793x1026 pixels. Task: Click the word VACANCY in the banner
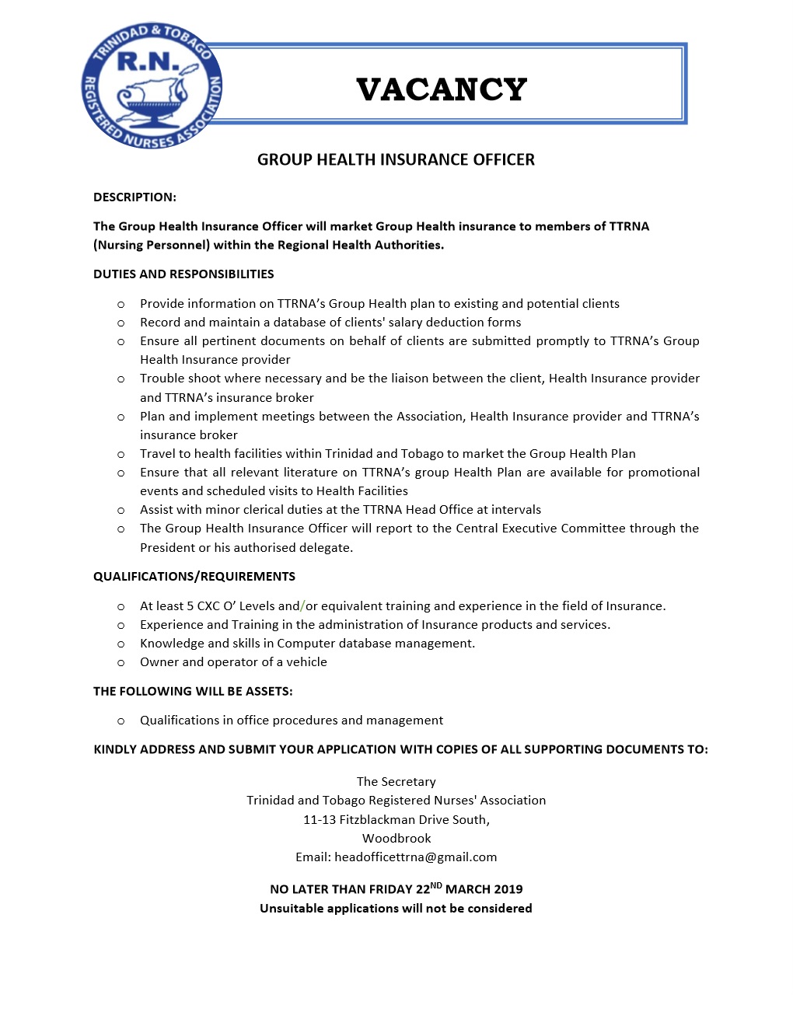(x=442, y=90)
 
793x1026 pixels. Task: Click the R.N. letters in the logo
(x=148, y=61)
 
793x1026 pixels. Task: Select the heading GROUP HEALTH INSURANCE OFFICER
(x=396, y=160)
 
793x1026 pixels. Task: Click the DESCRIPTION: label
(x=134, y=197)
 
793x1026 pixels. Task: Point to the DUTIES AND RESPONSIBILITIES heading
(x=183, y=274)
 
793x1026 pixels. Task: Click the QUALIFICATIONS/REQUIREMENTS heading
(x=194, y=577)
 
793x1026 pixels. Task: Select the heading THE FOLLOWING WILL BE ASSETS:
(x=193, y=692)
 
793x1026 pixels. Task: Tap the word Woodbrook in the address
(x=396, y=839)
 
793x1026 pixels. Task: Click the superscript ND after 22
(x=436, y=885)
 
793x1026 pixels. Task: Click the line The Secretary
(x=396, y=782)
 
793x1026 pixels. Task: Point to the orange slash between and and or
(x=303, y=606)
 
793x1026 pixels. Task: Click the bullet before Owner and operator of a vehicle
(x=121, y=663)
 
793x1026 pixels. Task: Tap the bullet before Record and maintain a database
(x=121, y=323)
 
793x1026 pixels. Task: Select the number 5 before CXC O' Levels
(x=190, y=606)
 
